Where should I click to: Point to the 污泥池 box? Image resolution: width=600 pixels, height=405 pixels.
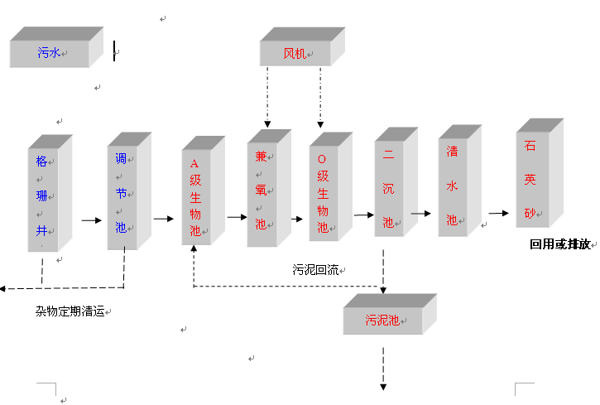[382, 319]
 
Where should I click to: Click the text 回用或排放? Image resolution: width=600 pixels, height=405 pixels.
[560, 244]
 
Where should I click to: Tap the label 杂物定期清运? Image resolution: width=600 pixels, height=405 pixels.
[70, 311]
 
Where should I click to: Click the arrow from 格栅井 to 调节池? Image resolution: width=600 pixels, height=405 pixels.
[90, 221]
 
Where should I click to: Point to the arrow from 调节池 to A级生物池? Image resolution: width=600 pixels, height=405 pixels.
[163, 219]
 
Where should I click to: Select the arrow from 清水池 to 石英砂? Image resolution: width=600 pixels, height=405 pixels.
[498, 212]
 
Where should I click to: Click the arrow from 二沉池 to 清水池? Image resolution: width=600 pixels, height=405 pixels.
[422, 213]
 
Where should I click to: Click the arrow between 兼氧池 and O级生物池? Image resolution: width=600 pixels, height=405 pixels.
[298, 219]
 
